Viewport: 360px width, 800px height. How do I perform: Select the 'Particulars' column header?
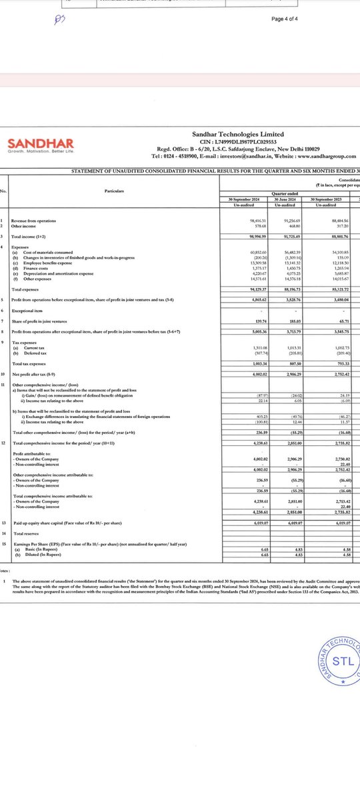point(115,190)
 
